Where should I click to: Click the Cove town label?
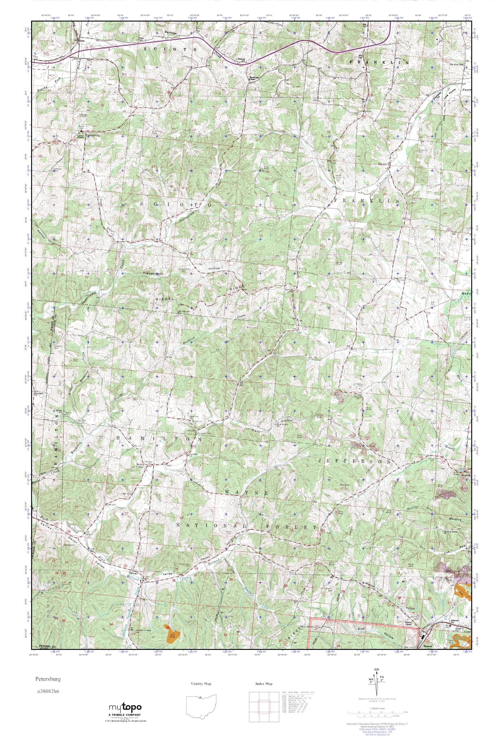[82, 41]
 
